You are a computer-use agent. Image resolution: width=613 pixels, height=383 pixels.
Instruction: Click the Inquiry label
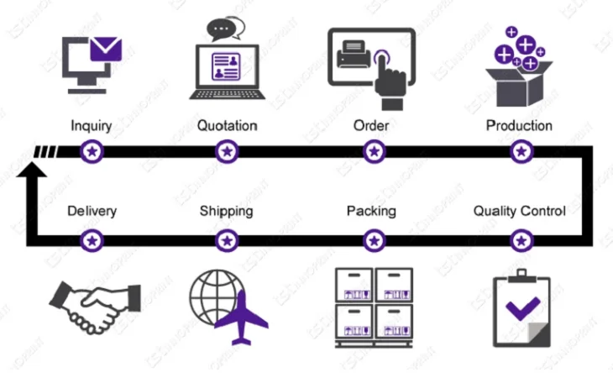tap(92, 126)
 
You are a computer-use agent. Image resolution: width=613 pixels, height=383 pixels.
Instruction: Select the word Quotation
tap(227, 126)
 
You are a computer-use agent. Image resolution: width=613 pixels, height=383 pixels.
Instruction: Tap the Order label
tap(373, 126)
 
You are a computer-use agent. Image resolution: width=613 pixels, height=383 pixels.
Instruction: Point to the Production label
tap(519, 126)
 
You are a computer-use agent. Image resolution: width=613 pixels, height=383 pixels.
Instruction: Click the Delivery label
tap(92, 211)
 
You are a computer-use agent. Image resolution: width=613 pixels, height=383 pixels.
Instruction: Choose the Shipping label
tap(227, 211)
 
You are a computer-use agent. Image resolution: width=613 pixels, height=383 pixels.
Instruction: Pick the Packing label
tap(371, 211)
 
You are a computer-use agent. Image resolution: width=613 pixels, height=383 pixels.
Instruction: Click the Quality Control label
tap(519, 211)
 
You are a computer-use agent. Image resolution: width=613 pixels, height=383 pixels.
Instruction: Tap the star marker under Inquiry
tap(92, 152)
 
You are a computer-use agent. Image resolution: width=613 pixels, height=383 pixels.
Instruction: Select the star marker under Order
tap(374, 152)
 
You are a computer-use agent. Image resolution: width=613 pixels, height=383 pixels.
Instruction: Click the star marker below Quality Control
tap(521, 241)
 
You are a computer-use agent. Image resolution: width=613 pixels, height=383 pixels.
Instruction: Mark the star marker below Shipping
tap(227, 241)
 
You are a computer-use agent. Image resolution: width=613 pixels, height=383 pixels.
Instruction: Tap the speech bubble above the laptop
tap(223, 29)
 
